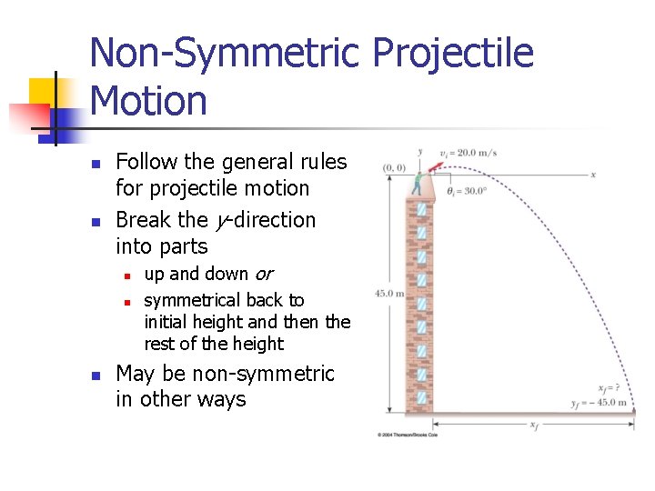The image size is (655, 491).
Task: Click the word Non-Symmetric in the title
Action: tap(227, 53)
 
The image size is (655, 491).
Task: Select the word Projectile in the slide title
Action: tap(453, 53)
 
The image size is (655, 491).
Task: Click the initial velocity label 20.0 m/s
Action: tap(469, 153)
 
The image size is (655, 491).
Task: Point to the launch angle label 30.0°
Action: tap(467, 191)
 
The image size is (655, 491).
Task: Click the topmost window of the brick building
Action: tap(421, 209)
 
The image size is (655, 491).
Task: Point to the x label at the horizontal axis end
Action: tap(593, 174)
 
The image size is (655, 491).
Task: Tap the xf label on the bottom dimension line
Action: tap(532, 425)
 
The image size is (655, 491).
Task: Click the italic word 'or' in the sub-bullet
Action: tap(262, 274)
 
